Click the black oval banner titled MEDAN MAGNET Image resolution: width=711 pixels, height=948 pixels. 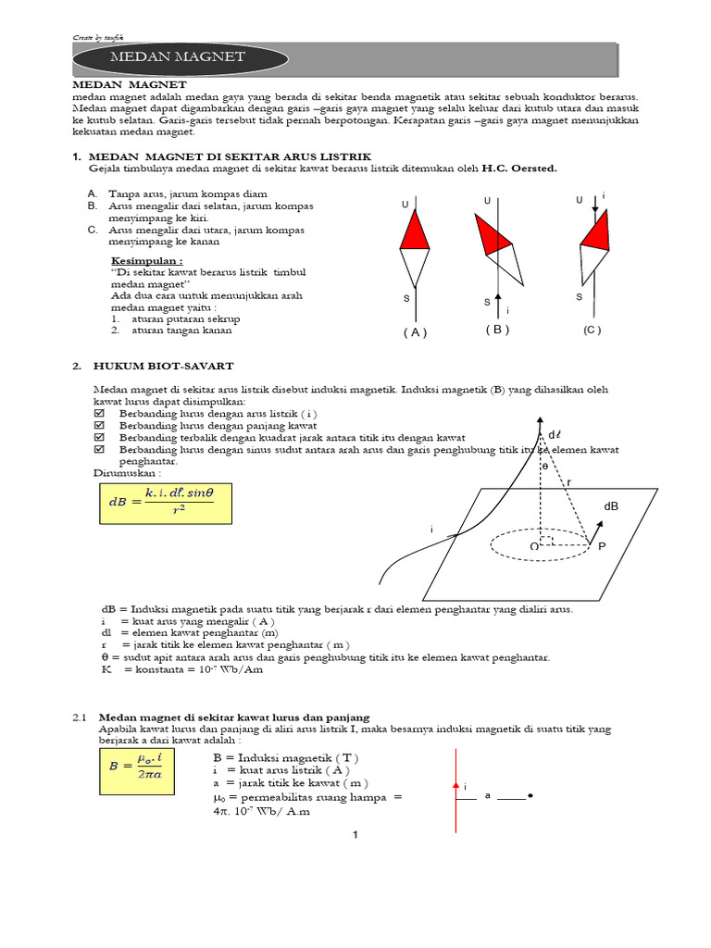(x=177, y=57)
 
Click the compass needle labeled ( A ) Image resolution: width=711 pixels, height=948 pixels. (x=415, y=248)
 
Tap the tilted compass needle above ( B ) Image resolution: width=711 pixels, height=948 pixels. (x=498, y=245)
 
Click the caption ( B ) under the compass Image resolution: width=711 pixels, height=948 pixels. (x=497, y=330)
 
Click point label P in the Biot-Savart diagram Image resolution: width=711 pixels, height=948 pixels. (x=601, y=548)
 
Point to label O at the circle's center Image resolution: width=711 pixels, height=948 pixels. (x=534, y=547)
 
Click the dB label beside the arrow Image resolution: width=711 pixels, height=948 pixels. (x=611, y=506)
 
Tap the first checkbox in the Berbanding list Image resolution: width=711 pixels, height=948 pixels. (x=100, y=414)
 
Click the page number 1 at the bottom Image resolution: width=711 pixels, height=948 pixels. (x=355, y=836)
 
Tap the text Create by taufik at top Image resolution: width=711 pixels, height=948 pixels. (x=97, y=37)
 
